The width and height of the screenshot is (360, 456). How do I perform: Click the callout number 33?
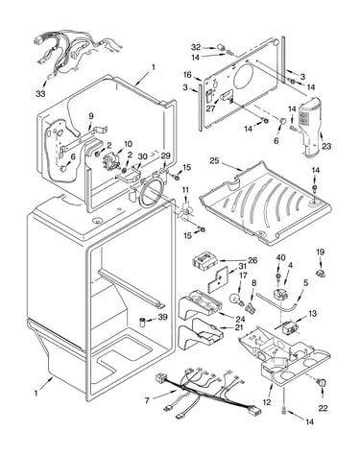(40, 94)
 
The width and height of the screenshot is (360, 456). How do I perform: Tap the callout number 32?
(196, 47)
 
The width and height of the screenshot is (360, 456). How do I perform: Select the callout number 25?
(214, 160)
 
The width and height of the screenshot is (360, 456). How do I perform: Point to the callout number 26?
(252, 260)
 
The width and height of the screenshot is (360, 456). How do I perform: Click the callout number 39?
(163, 317)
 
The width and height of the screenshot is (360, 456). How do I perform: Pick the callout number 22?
(323, 408)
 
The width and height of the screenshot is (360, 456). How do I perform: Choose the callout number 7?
(147, 400)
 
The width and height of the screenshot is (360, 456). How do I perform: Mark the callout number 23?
(326, 146)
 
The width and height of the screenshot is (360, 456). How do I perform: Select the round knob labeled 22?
(322, 382)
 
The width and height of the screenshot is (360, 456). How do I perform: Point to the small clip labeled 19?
(321, 274)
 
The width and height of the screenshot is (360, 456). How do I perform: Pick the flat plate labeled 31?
(219, 280)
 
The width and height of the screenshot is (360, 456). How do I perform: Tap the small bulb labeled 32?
(221, 47)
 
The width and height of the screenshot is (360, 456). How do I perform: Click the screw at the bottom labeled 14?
(284, 409)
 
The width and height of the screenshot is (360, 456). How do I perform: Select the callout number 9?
(91, 115)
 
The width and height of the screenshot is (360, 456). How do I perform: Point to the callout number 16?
(187, 75)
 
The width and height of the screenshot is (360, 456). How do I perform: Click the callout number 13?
(312, 313)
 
